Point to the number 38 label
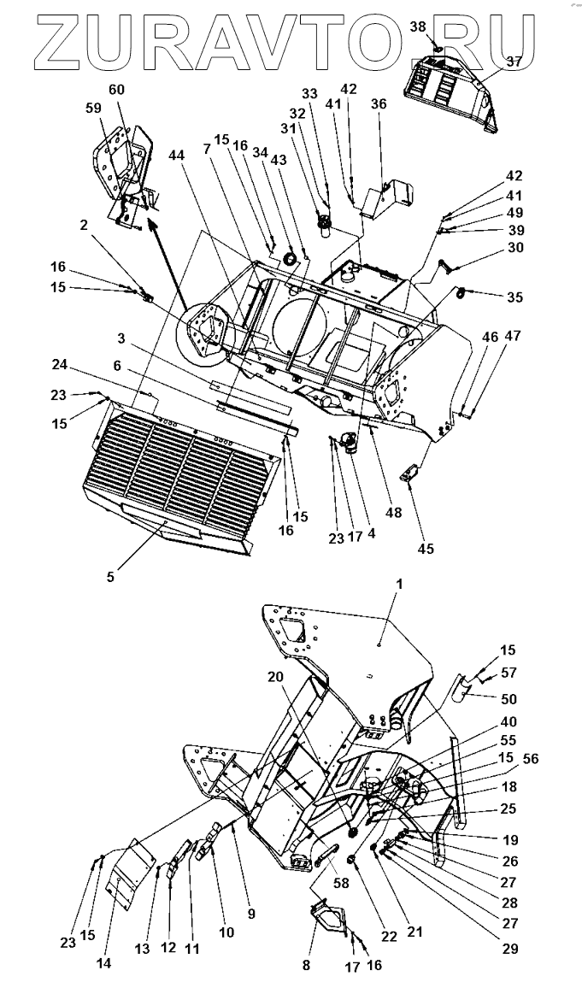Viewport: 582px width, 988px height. point(417,26)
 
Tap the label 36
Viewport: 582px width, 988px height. point(378,103)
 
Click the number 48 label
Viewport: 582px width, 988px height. point(393,513)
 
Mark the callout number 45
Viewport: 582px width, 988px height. point(425,549)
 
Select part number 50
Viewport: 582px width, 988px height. point(509,698)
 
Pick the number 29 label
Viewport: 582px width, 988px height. point(510,949)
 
